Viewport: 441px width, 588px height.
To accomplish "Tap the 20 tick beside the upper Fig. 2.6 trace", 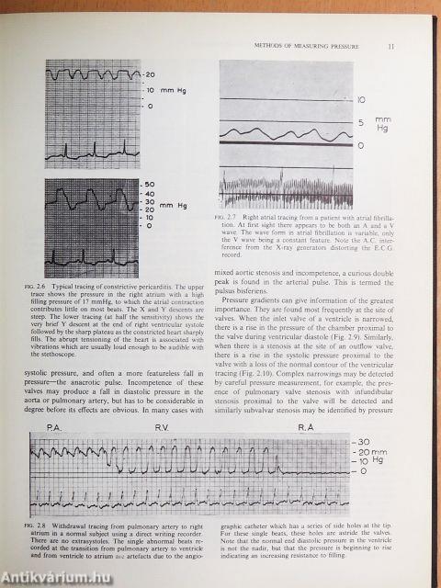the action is tap(151, 74).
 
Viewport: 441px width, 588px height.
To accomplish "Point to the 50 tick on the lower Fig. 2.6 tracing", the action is tap(151, 185).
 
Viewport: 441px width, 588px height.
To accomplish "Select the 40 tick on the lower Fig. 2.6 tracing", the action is tap(151, 195).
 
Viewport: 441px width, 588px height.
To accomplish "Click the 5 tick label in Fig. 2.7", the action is tap(361, 121).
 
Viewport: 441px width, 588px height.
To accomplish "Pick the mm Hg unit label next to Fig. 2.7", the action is tap(383, 124).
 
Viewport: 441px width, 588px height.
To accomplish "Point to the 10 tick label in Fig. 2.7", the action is tap(361, 98).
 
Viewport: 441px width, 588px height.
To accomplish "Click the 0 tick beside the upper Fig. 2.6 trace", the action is tap(150, 107).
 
